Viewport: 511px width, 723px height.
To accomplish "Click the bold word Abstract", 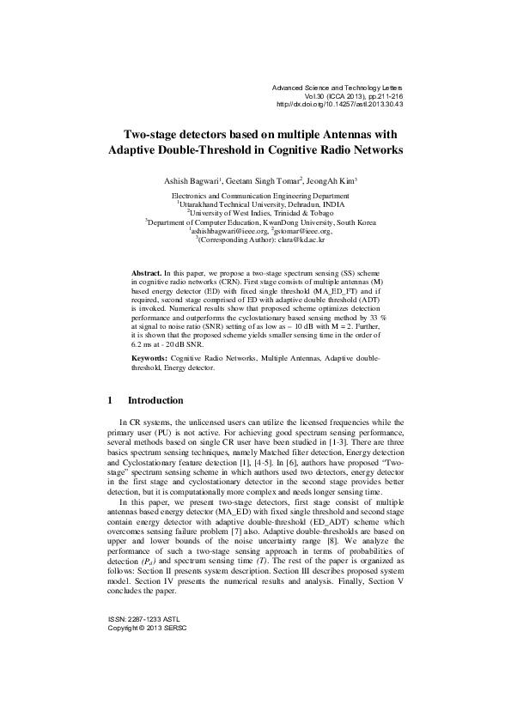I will click(146, 270).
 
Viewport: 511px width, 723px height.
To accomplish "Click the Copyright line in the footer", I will click(146, 627).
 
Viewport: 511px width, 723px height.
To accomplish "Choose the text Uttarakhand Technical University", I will click(229, 204).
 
